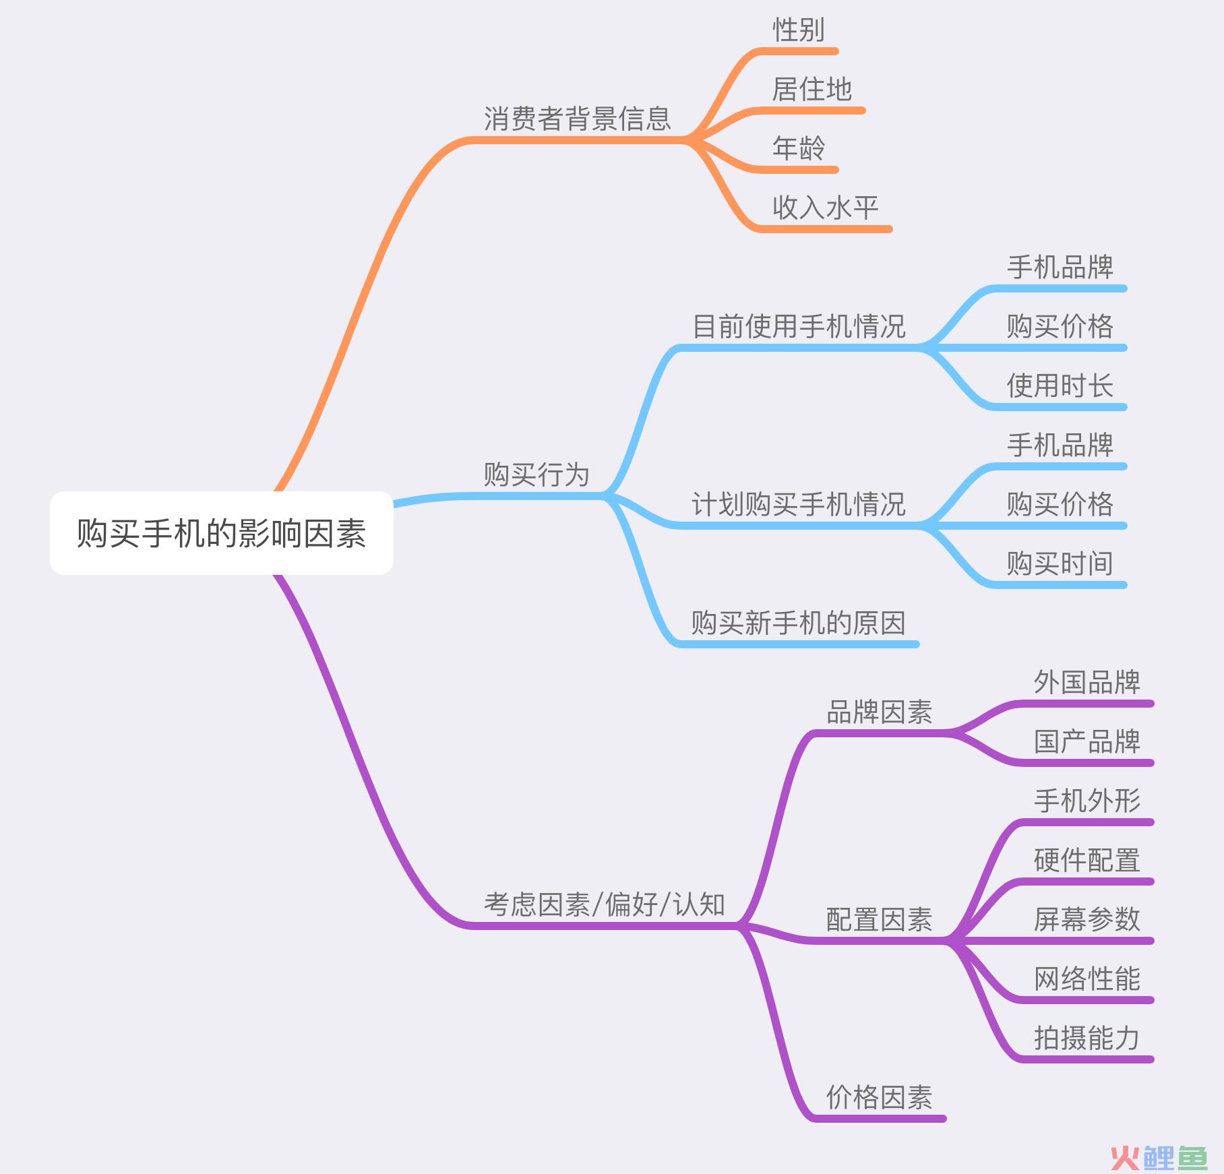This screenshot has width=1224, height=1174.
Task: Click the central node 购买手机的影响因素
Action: pos(221,533)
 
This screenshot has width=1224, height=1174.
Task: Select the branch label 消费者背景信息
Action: pos(578,119)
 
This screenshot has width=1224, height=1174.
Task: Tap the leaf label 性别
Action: pos(798,30)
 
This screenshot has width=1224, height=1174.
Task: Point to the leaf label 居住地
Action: pos(812,90)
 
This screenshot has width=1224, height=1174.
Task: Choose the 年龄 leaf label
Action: pos(798,148)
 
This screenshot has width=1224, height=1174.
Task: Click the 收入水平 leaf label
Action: pos(825,208)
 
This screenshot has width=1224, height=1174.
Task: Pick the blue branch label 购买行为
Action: pos(537,474)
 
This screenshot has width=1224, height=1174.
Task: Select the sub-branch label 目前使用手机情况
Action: pos(799,326)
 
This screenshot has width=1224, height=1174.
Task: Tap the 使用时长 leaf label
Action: pos(1060,386)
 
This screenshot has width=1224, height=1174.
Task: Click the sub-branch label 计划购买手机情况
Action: pos(799,504)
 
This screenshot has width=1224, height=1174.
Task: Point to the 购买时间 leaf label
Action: pos(1060,563)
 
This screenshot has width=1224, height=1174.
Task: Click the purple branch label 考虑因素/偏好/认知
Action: pos(605,904)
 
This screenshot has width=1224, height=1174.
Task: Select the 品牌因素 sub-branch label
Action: pos(879,712)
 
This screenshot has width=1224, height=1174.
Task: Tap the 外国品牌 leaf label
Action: pos(1087,683)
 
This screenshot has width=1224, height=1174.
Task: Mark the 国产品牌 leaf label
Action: pos(1087,742)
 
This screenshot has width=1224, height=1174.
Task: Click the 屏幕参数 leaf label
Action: pos(1087,919)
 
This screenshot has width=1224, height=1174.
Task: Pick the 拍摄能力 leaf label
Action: pos(1087,1038)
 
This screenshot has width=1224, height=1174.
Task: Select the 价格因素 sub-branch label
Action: pos(879,1097)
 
